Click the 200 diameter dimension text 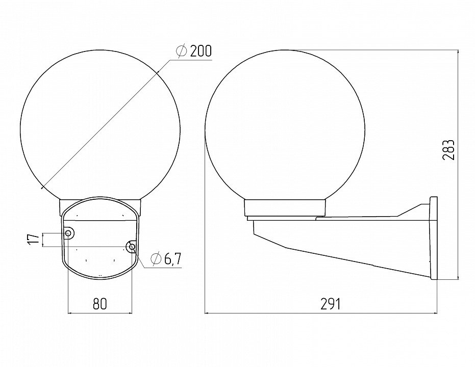coord(201,51)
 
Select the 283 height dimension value coord(448,150)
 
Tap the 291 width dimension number coord(330,304)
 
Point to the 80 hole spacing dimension coord(99,304)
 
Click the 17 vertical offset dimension coord(34,240)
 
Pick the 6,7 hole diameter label coord(172,259)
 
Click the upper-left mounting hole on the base coord(68,233)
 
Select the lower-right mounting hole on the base coord(132,247)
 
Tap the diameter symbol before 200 coord(182,51)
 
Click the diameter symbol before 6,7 coord(156,259)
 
